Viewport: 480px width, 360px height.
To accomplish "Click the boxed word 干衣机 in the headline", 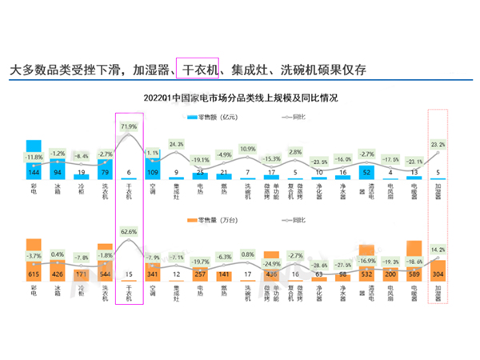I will point(198,70).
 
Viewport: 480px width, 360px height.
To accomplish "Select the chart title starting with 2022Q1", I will point(240,98).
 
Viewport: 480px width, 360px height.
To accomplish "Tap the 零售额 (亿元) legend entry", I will point(209,118).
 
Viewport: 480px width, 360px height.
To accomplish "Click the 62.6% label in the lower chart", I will point(129,230).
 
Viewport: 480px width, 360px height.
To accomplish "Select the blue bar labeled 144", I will point(34,160).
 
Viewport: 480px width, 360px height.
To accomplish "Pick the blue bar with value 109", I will point(153,169).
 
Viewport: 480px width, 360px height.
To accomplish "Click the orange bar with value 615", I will point(34,260).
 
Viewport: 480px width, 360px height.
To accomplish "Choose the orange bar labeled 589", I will point(414,260).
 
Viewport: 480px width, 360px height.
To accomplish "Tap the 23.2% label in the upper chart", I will point(438,144).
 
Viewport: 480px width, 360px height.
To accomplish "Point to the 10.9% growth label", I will point(248,149).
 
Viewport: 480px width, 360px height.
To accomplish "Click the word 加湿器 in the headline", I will point(153,70).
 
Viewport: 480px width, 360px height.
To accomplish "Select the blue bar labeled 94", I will point(58,169).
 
